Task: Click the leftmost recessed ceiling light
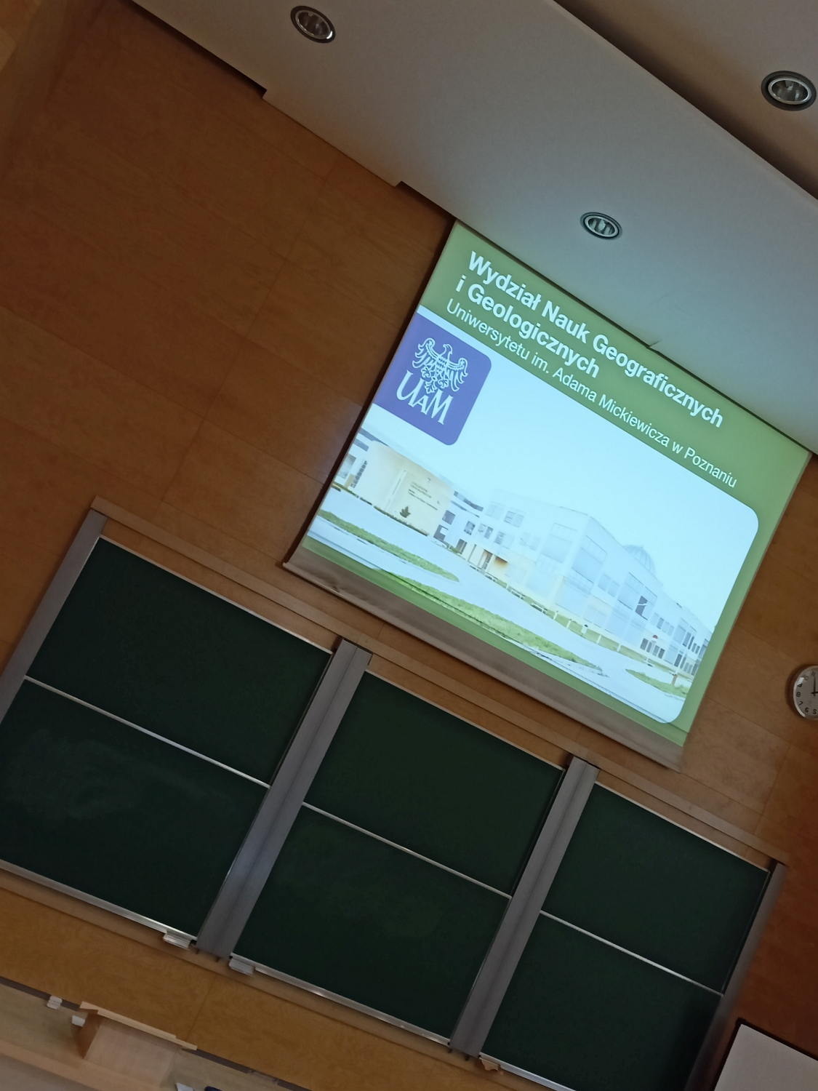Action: pyautogui.click(x=313, y=24)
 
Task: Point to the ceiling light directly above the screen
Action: pyautogui.click(x=601, y=225)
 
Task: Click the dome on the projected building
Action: pyautogui.click(x=637, y=554)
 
